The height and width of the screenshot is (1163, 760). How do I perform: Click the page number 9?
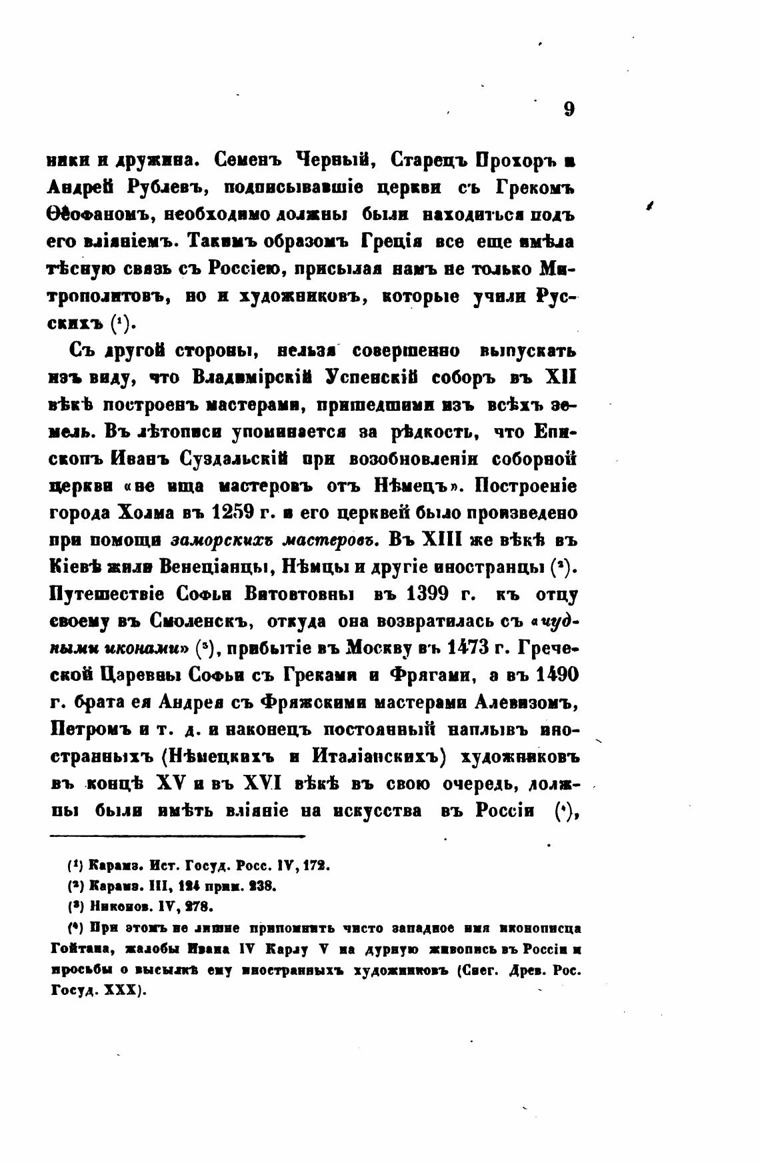tap(569, 109)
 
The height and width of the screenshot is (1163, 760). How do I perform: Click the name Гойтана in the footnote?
tap(78, 948)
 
